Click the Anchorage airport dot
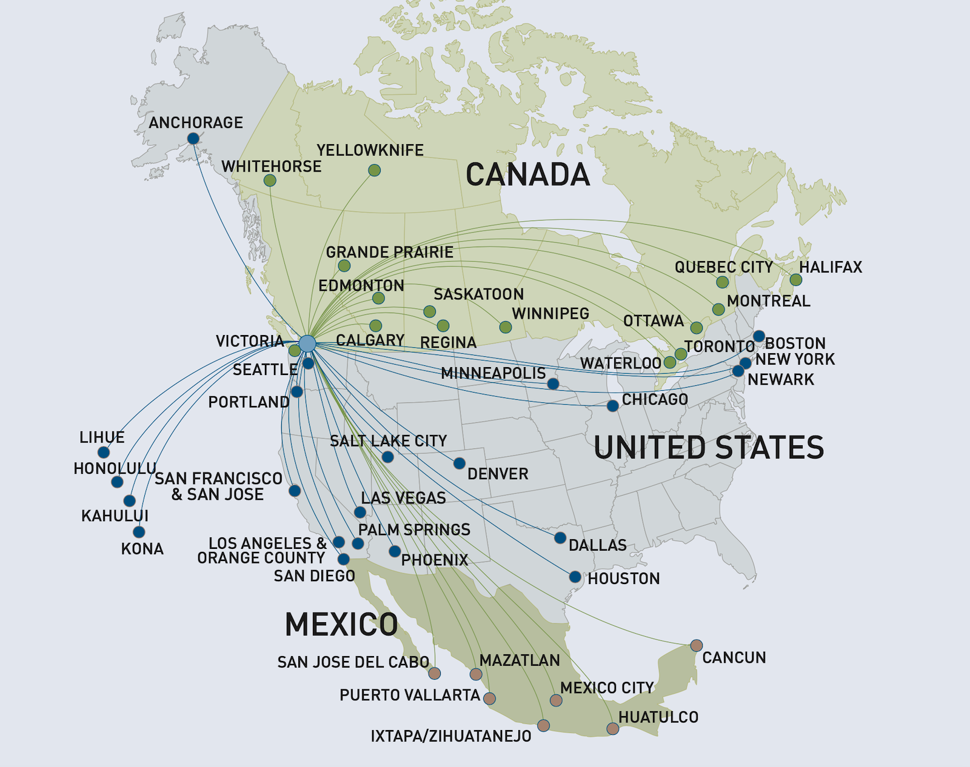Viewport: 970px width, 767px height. tap(193, 139)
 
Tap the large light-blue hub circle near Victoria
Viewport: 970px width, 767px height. tap(307, 344)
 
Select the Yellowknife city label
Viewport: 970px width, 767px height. tap(370, 150)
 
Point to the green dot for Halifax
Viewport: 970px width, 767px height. tap(796, 280)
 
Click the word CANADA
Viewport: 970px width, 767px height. tap(527, 175)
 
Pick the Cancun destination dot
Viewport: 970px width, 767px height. tap(697, 645)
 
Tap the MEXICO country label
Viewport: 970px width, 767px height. tap(341, 625)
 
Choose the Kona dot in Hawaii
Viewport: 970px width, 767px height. tap(139, 532)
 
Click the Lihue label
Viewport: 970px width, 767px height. tap(102, 437)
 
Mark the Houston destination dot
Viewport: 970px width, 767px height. tap(575, 577)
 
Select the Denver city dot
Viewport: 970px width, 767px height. tap(460, 463)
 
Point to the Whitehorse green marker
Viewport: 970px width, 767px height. tap(270, 181)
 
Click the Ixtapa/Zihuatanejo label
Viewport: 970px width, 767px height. tap(450, 737)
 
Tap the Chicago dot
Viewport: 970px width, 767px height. tap(613, 406)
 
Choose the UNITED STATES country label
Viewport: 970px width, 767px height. tap(709, 448)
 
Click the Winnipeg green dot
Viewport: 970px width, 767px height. tap(506, 327)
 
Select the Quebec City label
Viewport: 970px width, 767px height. tap(723, 267)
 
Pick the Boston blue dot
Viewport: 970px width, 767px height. tap(759, 336)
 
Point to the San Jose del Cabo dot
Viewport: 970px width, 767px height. tap(434, 673)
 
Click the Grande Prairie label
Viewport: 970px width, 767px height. tap(389, 252)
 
